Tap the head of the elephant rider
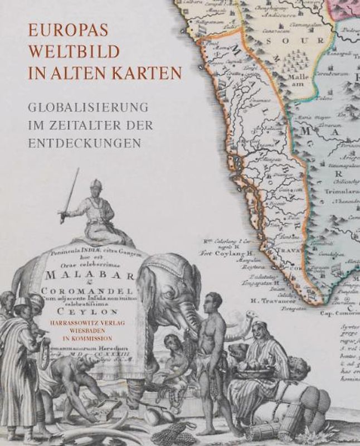click(x=96, y=185)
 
